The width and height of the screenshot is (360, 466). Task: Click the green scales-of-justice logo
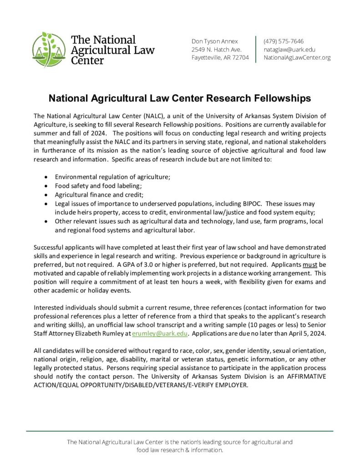point(48,49)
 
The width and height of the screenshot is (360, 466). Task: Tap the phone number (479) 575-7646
point(284,41)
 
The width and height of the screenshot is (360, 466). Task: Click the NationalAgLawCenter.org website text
point(297,57)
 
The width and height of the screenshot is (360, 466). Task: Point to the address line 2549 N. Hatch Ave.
point(216,49)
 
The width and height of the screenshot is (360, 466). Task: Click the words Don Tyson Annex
point(214,41)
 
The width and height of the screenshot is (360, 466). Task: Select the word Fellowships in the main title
point(282,98)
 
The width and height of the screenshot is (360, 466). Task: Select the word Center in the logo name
point(87,60)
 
